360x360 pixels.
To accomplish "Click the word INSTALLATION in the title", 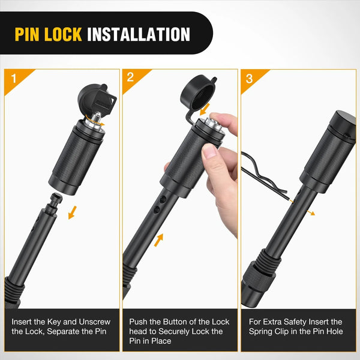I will tap(139, 33).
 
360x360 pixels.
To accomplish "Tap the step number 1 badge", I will tap(13, 78).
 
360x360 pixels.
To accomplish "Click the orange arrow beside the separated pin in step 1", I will tap(73, 212).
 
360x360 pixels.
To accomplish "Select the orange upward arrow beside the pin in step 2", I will tap(159, 241).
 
